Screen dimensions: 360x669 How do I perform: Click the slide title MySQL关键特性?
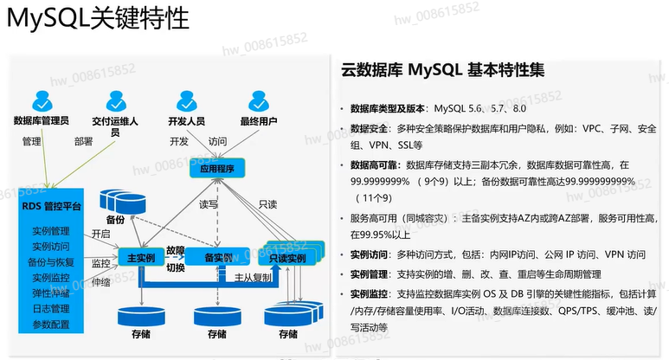(97, 21)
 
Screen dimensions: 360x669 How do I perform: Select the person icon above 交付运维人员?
(117, 99)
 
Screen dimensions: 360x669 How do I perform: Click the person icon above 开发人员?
(186, 98)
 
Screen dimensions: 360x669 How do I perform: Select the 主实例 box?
(140, 258)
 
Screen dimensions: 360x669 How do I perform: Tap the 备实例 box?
(215, 258)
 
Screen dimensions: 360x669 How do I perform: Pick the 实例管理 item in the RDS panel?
(50, 231)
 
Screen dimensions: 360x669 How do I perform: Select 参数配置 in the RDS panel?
(50, 324)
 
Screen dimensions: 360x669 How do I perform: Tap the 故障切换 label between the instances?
(176, 257)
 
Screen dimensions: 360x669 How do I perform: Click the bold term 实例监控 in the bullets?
(370, 294)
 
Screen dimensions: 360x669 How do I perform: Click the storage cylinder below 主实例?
(140, 312)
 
